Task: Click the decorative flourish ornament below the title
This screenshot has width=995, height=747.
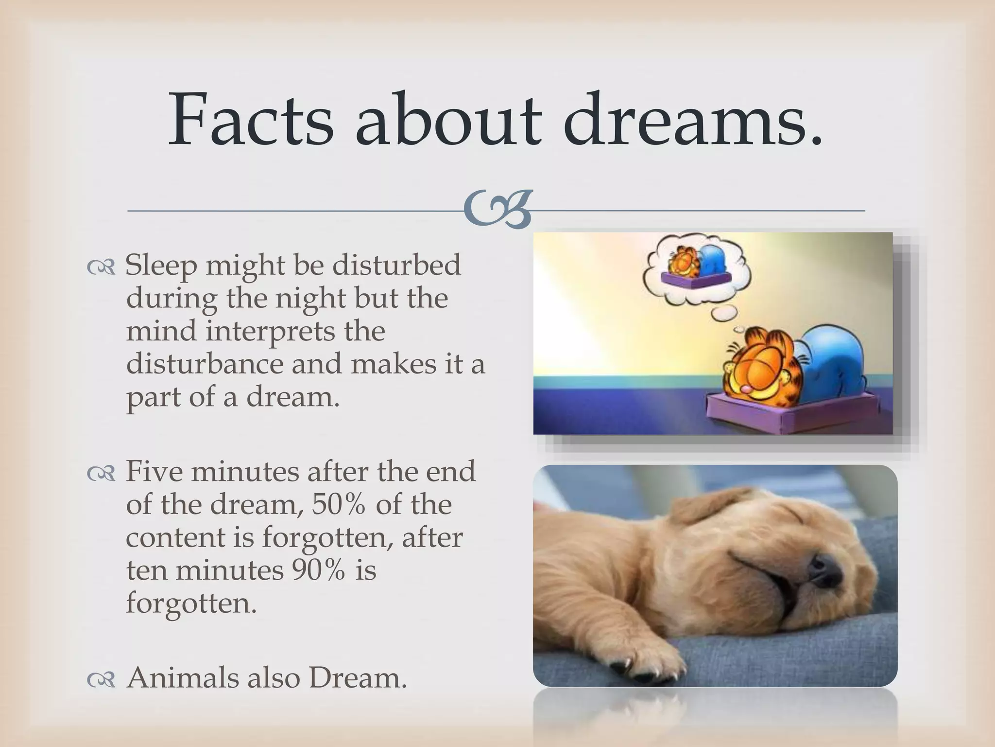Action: (x=497, y=210)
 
